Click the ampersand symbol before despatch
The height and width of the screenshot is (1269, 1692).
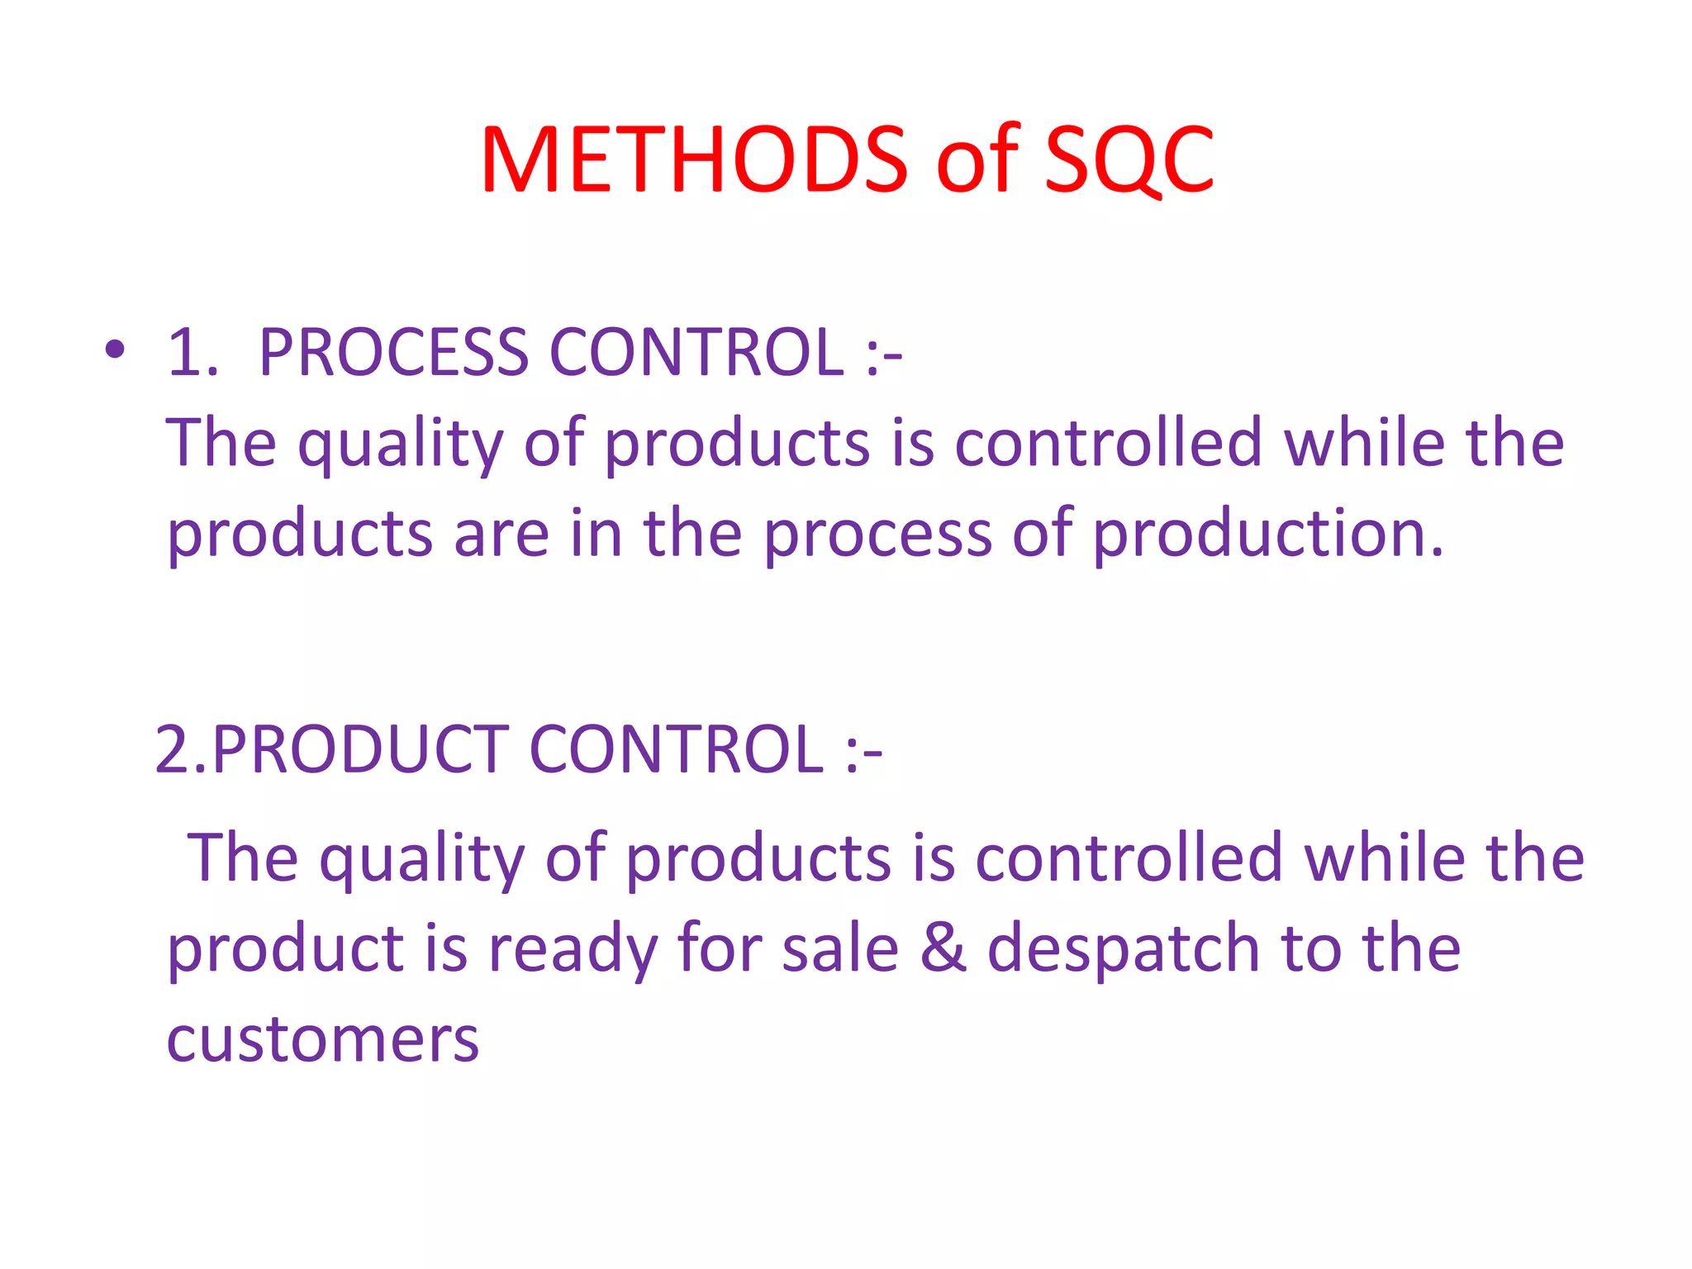[943, 948]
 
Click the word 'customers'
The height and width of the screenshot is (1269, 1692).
[323, 1038]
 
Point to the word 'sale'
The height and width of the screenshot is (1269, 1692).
[840, 948]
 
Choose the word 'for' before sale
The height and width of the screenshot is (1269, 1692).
[718, 948]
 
